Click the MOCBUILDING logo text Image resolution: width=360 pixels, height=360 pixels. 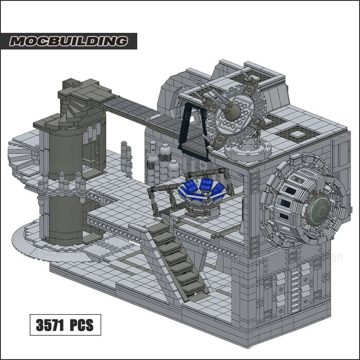tap(69, 41)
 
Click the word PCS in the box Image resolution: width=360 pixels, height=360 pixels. tap(81, 325)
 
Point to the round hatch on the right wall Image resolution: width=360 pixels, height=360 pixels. tap(306, 200)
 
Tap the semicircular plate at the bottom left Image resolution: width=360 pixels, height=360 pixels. tap(31, 236)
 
